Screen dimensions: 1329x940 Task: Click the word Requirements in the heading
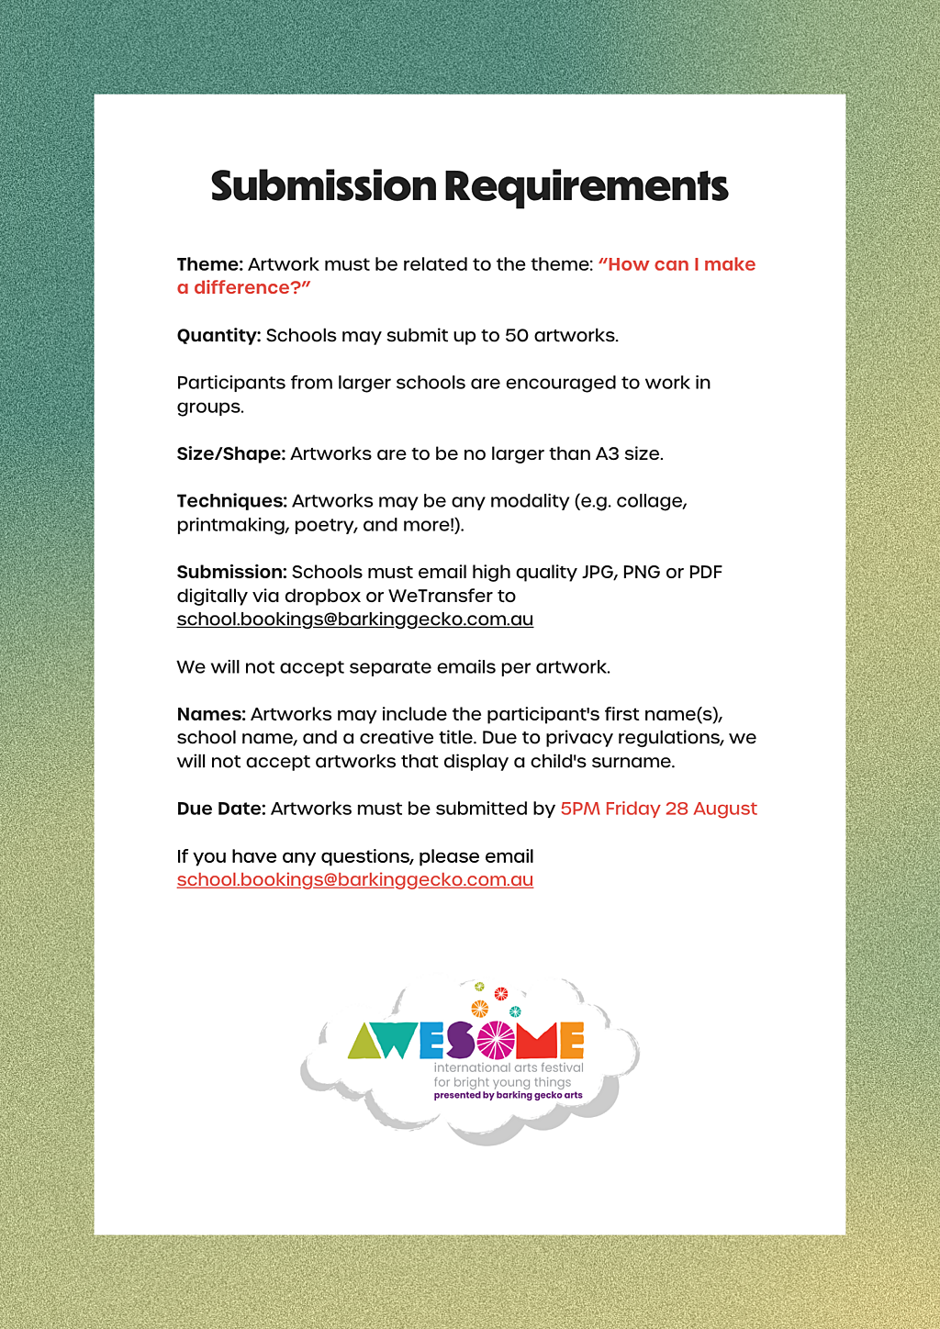pyautogui.click(x=586, y=186)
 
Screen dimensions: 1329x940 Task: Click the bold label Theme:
pyautogui.click(x=209, y=264)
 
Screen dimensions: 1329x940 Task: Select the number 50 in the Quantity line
pyautogui.click(x=517, y=335)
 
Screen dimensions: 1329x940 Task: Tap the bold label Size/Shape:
pyautogui.click(x=230, y=453)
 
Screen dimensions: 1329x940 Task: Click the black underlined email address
pyautogui.click(x=354, y=620)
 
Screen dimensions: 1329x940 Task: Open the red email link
pyautogui.click(x=354, y=880)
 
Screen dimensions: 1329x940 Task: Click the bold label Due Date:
pyautogui.click(x=221, y=809)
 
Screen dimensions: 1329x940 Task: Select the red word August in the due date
pyautogui.click(x=725, y=809)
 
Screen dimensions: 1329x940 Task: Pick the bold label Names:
pyautogui.click(x=211, y=714)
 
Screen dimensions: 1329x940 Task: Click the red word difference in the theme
pyautogui.click(x=241, y=288)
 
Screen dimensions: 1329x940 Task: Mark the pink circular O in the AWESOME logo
pyautogui.click(x=496, y=1040)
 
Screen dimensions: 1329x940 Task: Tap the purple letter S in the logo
pyautogui.click(x=460, y=1041)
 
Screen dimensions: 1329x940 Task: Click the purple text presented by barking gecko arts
pyautogui.click(x=508, y=1095)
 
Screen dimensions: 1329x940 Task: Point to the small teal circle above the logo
pyautogui.click(x=515, y=1011)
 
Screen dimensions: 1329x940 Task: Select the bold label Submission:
pyautogui.click(x=231, y=572)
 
